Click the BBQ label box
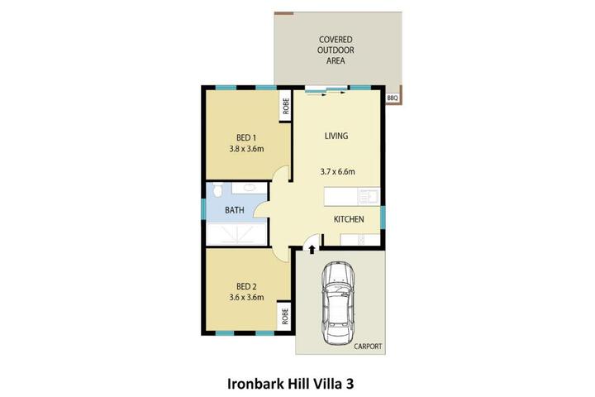point(393,98)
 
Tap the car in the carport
point(338,304)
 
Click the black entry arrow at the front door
point(312,249)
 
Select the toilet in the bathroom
point(217,189)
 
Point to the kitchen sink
point(368,196)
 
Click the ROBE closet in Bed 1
point(285,106)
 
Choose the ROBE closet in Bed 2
point(285,316)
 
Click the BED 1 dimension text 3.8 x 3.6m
point(246,149)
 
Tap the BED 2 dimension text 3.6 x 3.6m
point(246,297)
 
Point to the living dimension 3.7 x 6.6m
point(337,171)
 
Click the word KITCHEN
point(349,219)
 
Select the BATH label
point(235,210)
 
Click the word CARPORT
point(368,346)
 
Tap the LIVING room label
point(336,136)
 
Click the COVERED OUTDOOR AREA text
point(336,50)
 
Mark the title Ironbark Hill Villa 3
point(291,384)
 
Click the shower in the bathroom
point(237,233)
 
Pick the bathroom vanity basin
point(249,188)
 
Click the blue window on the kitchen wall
point(383,218)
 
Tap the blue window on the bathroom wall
point(203,209)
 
